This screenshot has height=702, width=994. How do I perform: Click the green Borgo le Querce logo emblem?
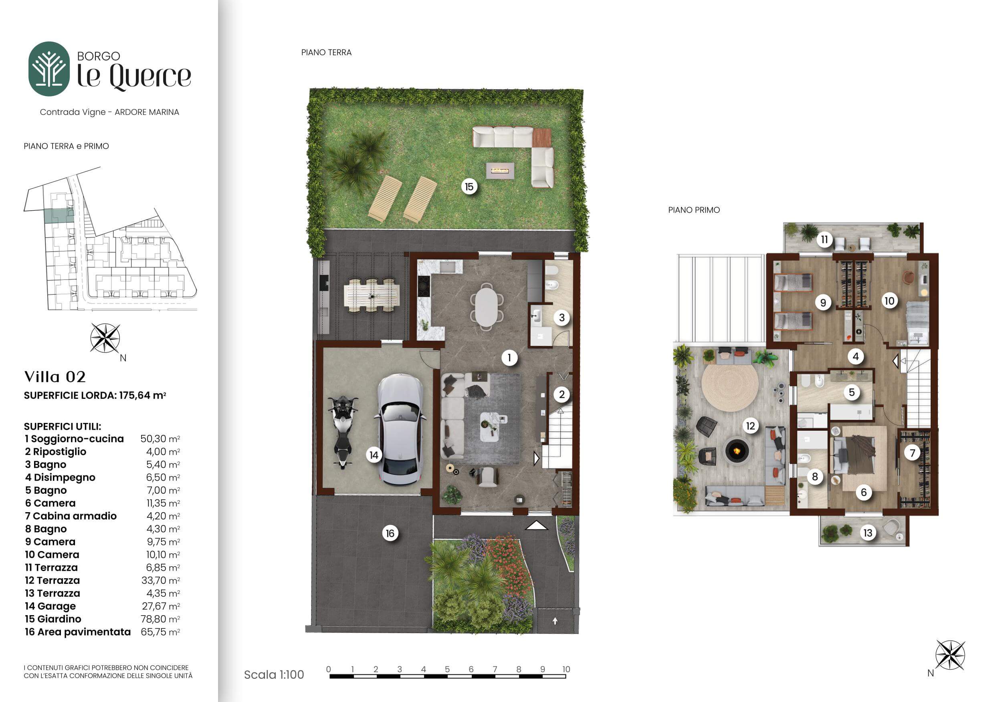pyautogui.click(x=49, y=69)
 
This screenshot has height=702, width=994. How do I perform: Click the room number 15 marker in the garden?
pyautogui.click(x=469, y=187)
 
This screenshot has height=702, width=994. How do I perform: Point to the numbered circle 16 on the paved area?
pyautogui.click(x=390, y=533)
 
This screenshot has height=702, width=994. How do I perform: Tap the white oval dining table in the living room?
pyautogui.click(x=487, y=307)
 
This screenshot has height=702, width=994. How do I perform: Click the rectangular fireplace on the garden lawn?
pyautogui.click(x=500, y=171)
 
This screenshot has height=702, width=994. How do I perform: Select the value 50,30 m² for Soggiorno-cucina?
pyautogui.click(x=160, y=438)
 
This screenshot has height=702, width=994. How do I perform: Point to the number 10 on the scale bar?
pyautogui.click(x=566, y=669)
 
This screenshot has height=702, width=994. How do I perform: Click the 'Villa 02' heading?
pyautogui.click(x=55, y=377)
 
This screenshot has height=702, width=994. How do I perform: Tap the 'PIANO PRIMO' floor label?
pyautogui.click(x=694, y=210)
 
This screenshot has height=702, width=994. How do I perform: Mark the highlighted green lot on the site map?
pyautogui.click(x=59, y=215)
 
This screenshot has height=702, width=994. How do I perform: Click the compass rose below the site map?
pyautogui.click(x=105, y=338)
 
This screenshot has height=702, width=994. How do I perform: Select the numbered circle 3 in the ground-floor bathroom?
pyautogui.click(x=562, y=318)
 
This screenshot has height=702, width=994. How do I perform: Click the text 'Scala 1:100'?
pyautogui.click(x=274, y=675)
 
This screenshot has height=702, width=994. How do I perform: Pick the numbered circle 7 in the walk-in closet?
pyautogui.click(x=913, y=453)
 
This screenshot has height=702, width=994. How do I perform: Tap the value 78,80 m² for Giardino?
pyautogui.click(x=160, y=619)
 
